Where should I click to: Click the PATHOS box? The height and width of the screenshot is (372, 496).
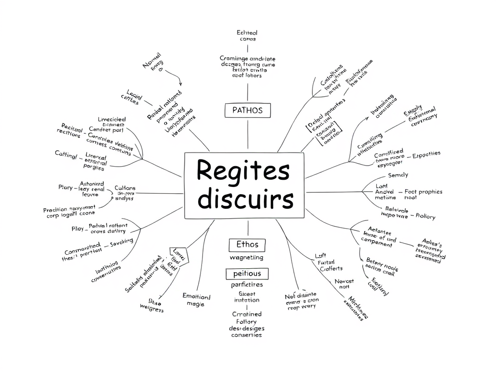coord(248,110)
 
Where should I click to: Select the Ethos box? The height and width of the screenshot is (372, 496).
coord(248,244)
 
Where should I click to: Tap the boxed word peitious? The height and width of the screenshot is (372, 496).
coord(247,274)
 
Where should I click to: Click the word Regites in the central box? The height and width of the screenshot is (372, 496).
coord(243,171)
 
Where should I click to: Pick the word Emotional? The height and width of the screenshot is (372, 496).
coord(196,296)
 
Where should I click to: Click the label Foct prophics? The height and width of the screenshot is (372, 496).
coord(423,192)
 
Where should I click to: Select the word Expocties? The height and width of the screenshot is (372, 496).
coord(426,154)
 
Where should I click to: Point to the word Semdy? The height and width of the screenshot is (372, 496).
coord(398,175)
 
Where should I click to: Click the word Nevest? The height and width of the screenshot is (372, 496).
coord(344,281)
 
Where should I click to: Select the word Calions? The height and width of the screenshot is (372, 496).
coord(125,188)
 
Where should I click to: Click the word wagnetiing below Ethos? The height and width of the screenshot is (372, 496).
coord(247,258)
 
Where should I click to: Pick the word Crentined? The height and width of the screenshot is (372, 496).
coord(247,314)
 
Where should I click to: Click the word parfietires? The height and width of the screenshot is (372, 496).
coord(247,285)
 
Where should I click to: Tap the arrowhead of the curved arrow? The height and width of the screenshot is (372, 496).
coord(180,84)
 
